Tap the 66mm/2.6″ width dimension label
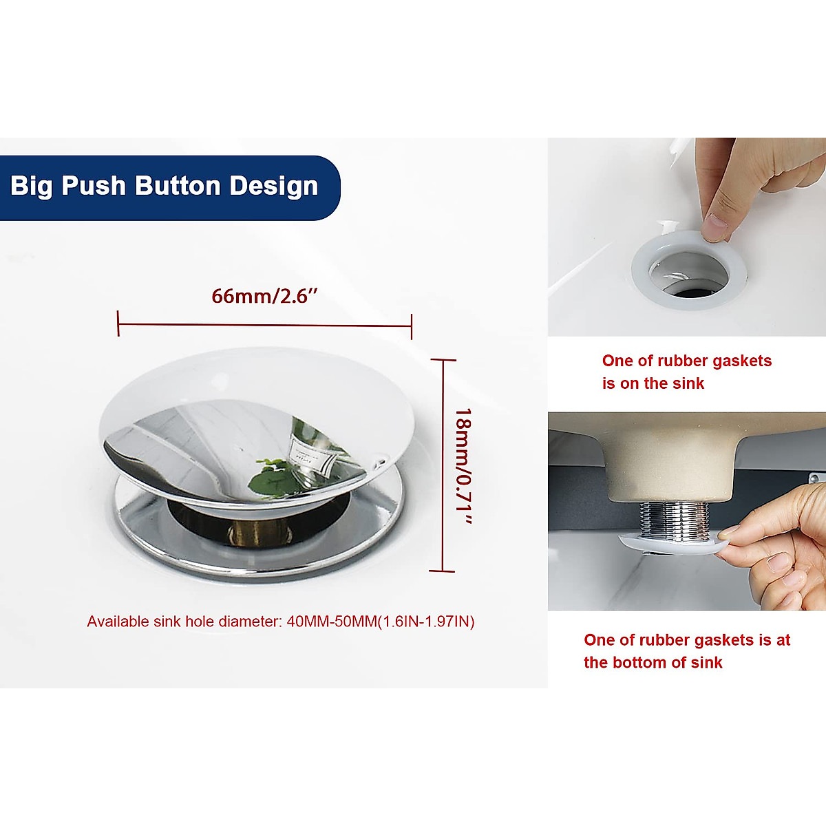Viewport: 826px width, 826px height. (264, 296)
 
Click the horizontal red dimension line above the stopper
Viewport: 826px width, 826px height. (264, 324)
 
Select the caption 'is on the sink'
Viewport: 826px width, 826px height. (653, 383)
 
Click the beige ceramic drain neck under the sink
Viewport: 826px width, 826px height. (671, 468)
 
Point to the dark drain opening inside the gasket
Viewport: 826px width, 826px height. (688, 290)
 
